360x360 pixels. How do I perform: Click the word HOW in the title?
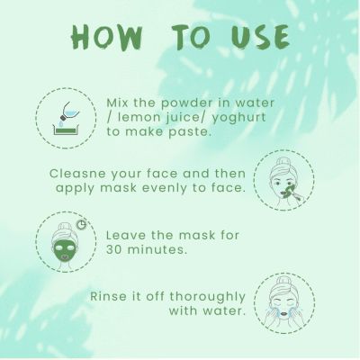(107, 37)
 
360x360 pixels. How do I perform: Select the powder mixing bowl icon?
(61, 118)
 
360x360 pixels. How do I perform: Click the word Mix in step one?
(120, 102)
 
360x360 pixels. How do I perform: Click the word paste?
(191, 130)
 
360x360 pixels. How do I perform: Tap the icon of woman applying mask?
(283, 178)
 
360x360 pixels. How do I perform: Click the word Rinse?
(109, 296)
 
